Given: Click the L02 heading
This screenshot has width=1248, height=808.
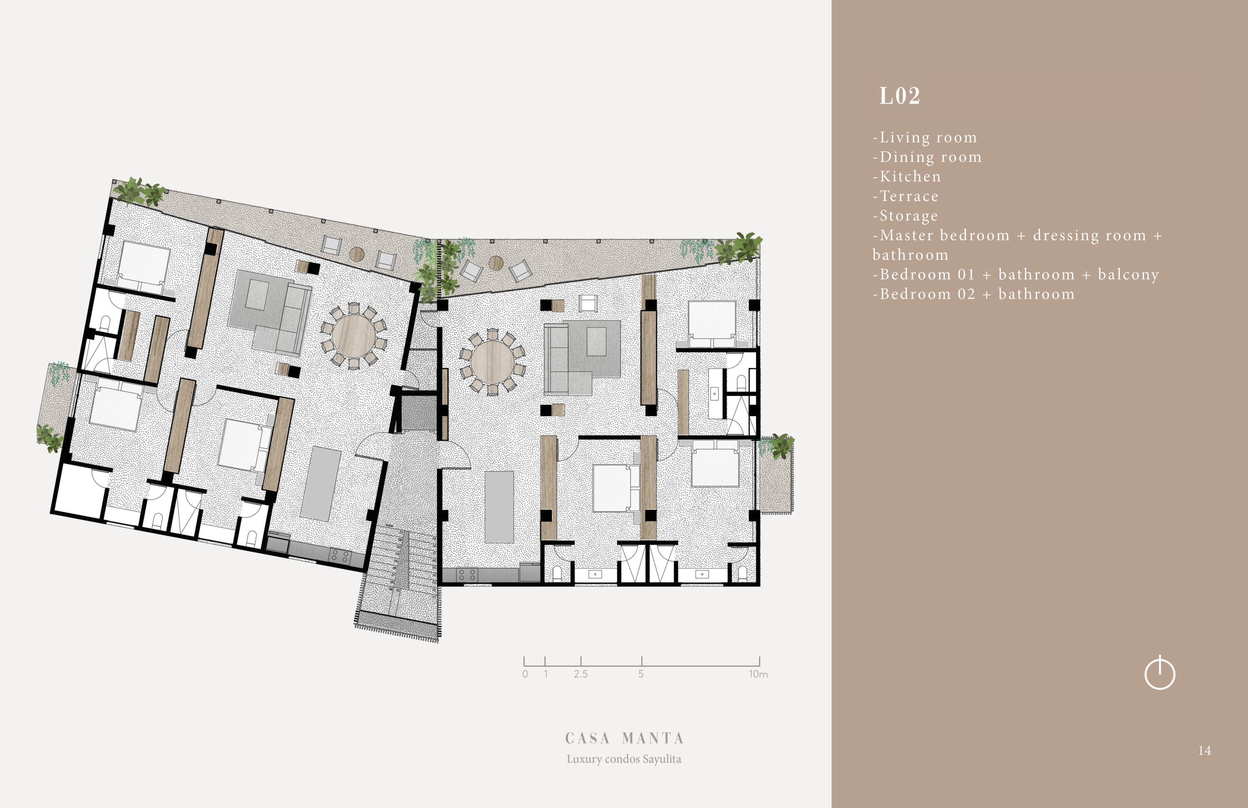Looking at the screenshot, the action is tap(899, 96).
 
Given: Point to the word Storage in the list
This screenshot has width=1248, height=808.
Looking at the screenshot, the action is tap(909, 216).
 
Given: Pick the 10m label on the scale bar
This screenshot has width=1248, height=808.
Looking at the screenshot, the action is tap(758, 674).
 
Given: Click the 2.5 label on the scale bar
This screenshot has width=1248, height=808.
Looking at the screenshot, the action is tap(580, 674).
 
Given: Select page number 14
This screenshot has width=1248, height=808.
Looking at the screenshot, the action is tap(1204, 751).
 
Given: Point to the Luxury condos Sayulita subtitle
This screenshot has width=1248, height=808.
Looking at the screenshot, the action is tap(624, 759).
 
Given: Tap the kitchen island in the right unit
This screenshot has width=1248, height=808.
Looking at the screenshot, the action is tap(499, 507).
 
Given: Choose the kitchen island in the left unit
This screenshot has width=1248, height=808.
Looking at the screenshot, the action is tap(321, 484).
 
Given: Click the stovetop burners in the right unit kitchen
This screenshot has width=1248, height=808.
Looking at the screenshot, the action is tap(467, 575).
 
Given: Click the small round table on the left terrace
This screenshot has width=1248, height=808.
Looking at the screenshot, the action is tap(357, 254).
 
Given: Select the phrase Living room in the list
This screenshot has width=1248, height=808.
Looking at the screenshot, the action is tap(928, 137).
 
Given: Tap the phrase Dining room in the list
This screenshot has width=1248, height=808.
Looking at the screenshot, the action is tap(930, 157).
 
